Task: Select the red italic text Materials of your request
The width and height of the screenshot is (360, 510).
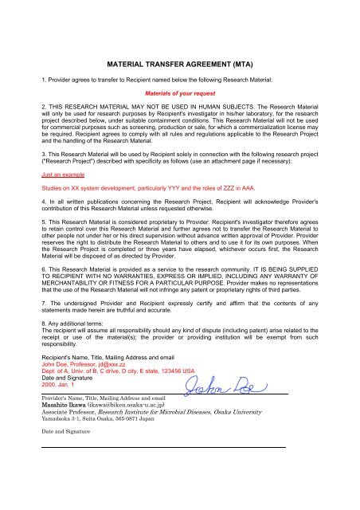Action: coord(179,92)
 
